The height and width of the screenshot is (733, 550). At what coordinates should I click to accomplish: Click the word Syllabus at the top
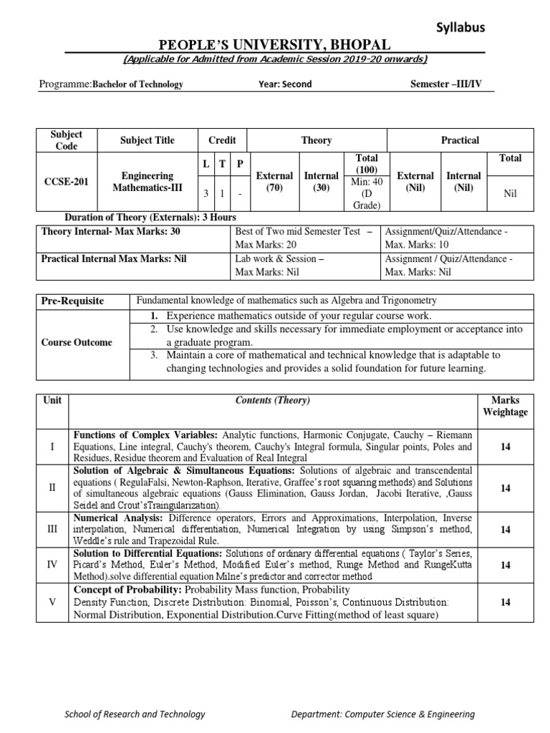pyautogui.click(x=460, y=27)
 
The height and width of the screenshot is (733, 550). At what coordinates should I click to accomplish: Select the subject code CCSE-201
pyautogui.click(x=66, y=181)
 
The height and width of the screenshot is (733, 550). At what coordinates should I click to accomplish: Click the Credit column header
pyautogui.click(x=221, y=140)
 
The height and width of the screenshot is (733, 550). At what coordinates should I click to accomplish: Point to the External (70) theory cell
pyautogui.click(x=275, y=182)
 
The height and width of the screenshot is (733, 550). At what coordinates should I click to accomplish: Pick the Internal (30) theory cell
pyautogui.click(x=322, y=182)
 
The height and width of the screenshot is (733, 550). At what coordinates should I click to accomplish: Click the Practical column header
pyautogui.click(x=460, y=140)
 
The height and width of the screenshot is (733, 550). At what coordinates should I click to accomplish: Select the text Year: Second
pyautogui.click(x=285, y=84)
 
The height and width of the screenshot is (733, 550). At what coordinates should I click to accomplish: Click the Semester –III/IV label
pyautogui.click(x=446, y=84)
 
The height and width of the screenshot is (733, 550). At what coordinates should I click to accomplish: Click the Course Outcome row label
pyautogui.click(x=81, y=342)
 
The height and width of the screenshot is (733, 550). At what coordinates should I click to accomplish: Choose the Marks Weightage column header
pyautogui.click(x=505, y=406)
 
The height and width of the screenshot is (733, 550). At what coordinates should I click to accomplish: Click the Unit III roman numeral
pyautogui.click(x=52, y=529)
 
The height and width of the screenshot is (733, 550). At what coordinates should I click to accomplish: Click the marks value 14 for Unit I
pyautogui.click(x=505, y=447)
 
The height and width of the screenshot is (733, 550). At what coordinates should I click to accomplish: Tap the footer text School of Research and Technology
pyautogui.click(x=135, y=714)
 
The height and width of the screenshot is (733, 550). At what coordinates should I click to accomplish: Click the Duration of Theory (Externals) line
pyautogui.click(x=150, y=217)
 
